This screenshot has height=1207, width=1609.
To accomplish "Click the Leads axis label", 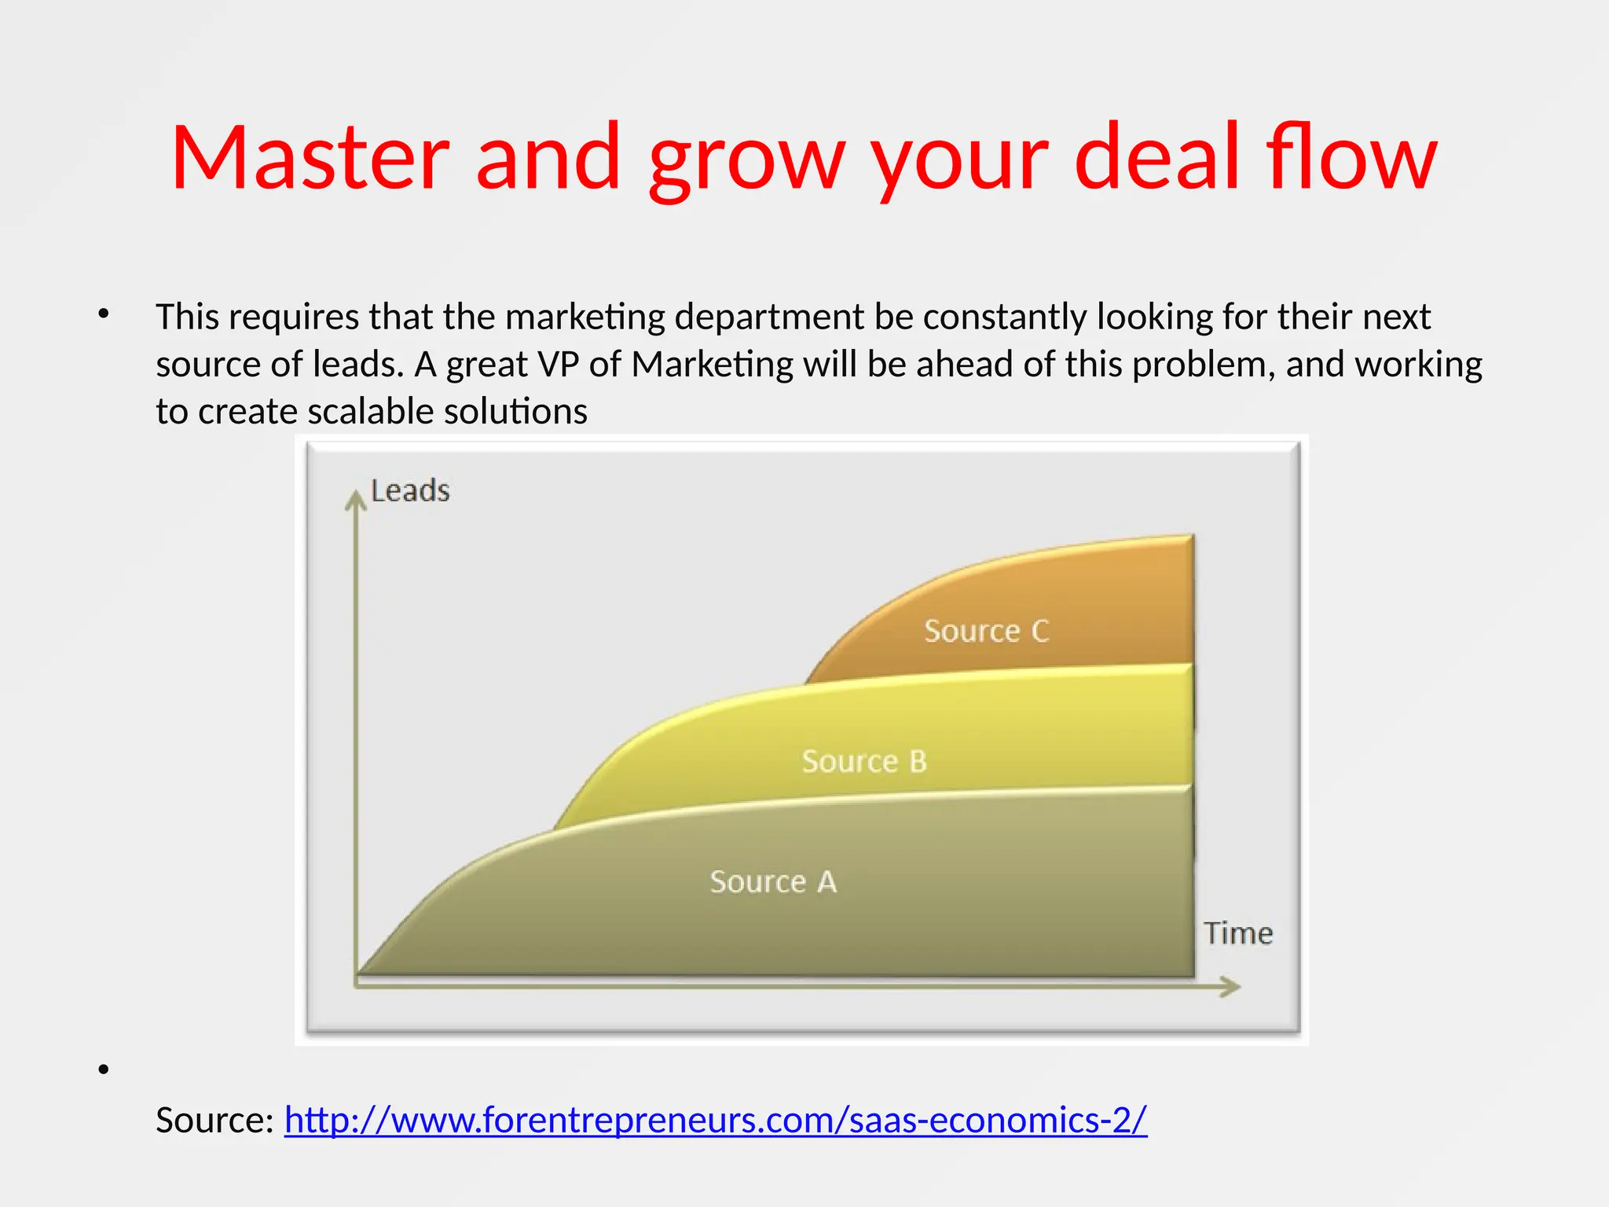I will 410,491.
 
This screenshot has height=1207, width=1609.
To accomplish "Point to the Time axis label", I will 1238,934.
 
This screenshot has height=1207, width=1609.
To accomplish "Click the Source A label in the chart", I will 773,882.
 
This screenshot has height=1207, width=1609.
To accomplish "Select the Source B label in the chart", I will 864,761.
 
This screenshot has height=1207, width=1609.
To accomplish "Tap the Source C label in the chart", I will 986,631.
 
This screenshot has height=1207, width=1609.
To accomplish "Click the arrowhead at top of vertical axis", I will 356,498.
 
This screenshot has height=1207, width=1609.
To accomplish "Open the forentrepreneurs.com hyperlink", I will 715,1120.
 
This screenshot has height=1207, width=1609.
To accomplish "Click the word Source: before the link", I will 214,1120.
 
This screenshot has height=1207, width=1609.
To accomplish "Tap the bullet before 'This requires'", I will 104,314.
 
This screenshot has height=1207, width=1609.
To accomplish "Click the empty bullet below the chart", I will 104,1069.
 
